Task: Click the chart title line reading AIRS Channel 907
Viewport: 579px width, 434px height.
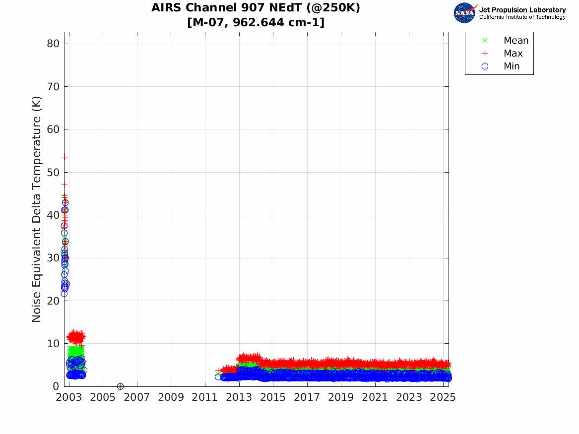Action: [256, 8]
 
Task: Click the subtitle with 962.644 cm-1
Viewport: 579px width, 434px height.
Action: [256, 22]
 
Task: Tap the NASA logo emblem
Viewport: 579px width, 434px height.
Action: [464, 13]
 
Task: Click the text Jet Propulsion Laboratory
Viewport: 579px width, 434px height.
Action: [522, 10]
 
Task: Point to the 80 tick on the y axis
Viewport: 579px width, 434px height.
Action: [53, 44]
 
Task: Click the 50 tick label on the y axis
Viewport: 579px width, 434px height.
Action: [53, 172]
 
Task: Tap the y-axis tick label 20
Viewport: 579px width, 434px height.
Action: [53, 301]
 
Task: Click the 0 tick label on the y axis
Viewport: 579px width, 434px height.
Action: [57, 386]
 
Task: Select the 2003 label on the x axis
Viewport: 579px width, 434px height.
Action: [69, 397]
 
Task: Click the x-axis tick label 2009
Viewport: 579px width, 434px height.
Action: [171, 397]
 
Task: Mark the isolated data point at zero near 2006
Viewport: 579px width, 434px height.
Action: [120, 386]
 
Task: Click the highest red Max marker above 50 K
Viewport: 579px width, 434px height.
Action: [64, 157]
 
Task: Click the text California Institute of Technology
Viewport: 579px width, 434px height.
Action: [522, 17]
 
